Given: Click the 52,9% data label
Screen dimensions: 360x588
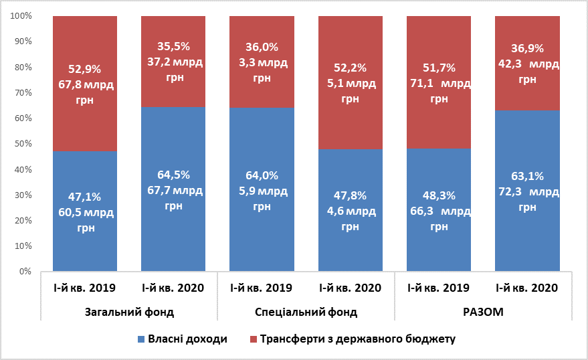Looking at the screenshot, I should pyautogui.click(x=85, y=68).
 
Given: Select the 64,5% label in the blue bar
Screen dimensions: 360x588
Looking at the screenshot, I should pyautogui.click(x=173, y=175).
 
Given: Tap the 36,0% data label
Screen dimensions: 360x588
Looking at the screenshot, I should pyautogui.click(x=262, y=48).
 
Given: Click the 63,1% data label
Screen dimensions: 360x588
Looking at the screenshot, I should pyautogui.click(x=527, y=177).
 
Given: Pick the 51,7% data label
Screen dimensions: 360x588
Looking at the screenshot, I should pyautogui.click(x=439, y=67).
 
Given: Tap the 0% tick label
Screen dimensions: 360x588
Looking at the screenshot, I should pyautogui.click(x=25, y=272).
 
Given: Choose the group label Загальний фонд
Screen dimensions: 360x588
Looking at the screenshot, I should pyautogui.click(x=130, y=312).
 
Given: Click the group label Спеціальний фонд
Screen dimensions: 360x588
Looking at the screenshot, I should pyautogui.click(x=306, y=312).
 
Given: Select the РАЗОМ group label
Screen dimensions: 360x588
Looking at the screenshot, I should pyautogui.click(x=483, y=312).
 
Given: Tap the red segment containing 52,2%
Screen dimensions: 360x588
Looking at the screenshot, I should pyautogui.click(x=350, y=127).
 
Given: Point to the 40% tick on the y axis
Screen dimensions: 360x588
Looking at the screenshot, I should pyautogui.click(x=23, y=170).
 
